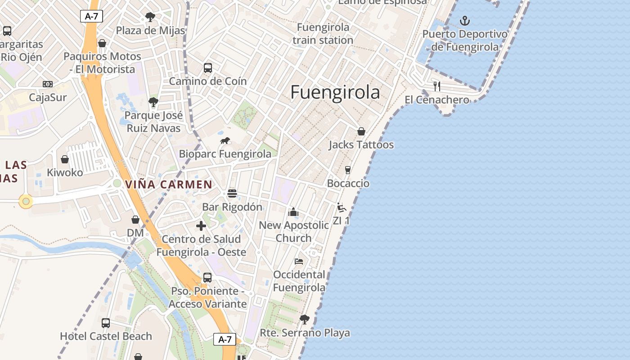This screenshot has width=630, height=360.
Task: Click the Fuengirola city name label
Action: (x=335, y=92)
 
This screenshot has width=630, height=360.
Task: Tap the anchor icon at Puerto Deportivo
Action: (x=464, y=21)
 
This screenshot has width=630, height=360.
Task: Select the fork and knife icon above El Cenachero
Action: (x=436, y=85)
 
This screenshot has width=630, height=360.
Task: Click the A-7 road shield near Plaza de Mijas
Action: (x=92, y=17)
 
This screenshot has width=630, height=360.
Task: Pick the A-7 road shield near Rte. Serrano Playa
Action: (x=225, y=339)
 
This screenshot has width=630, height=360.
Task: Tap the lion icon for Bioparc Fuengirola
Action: (x=225, y=141)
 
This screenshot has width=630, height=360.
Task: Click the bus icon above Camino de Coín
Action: (x=207, y=68)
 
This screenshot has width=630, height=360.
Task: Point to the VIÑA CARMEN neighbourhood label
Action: (x=169, y=184)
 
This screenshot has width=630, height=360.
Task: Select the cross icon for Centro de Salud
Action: (x=201, y=226)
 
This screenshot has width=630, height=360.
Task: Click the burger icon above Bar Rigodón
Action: (x=232, y=193)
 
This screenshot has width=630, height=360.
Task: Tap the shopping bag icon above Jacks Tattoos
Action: (x=361, y=131)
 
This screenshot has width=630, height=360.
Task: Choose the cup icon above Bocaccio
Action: (x=347, y=170)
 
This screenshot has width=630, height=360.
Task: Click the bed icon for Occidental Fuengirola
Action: (x=299, y=261)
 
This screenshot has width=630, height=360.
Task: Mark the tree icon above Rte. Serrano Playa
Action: (x=305, y=319)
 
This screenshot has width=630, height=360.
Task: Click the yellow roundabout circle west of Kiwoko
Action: (x=26, y=201)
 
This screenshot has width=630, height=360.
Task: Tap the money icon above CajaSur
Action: (x=48, y=84)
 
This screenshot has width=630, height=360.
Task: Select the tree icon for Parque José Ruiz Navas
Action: (x=153, y=102)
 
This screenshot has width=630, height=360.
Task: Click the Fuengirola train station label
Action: (x=323, y=34)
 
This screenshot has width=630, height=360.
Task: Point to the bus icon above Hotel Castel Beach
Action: (x=106, y=323)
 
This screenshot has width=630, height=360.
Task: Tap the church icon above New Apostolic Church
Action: (x=293, y=211)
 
